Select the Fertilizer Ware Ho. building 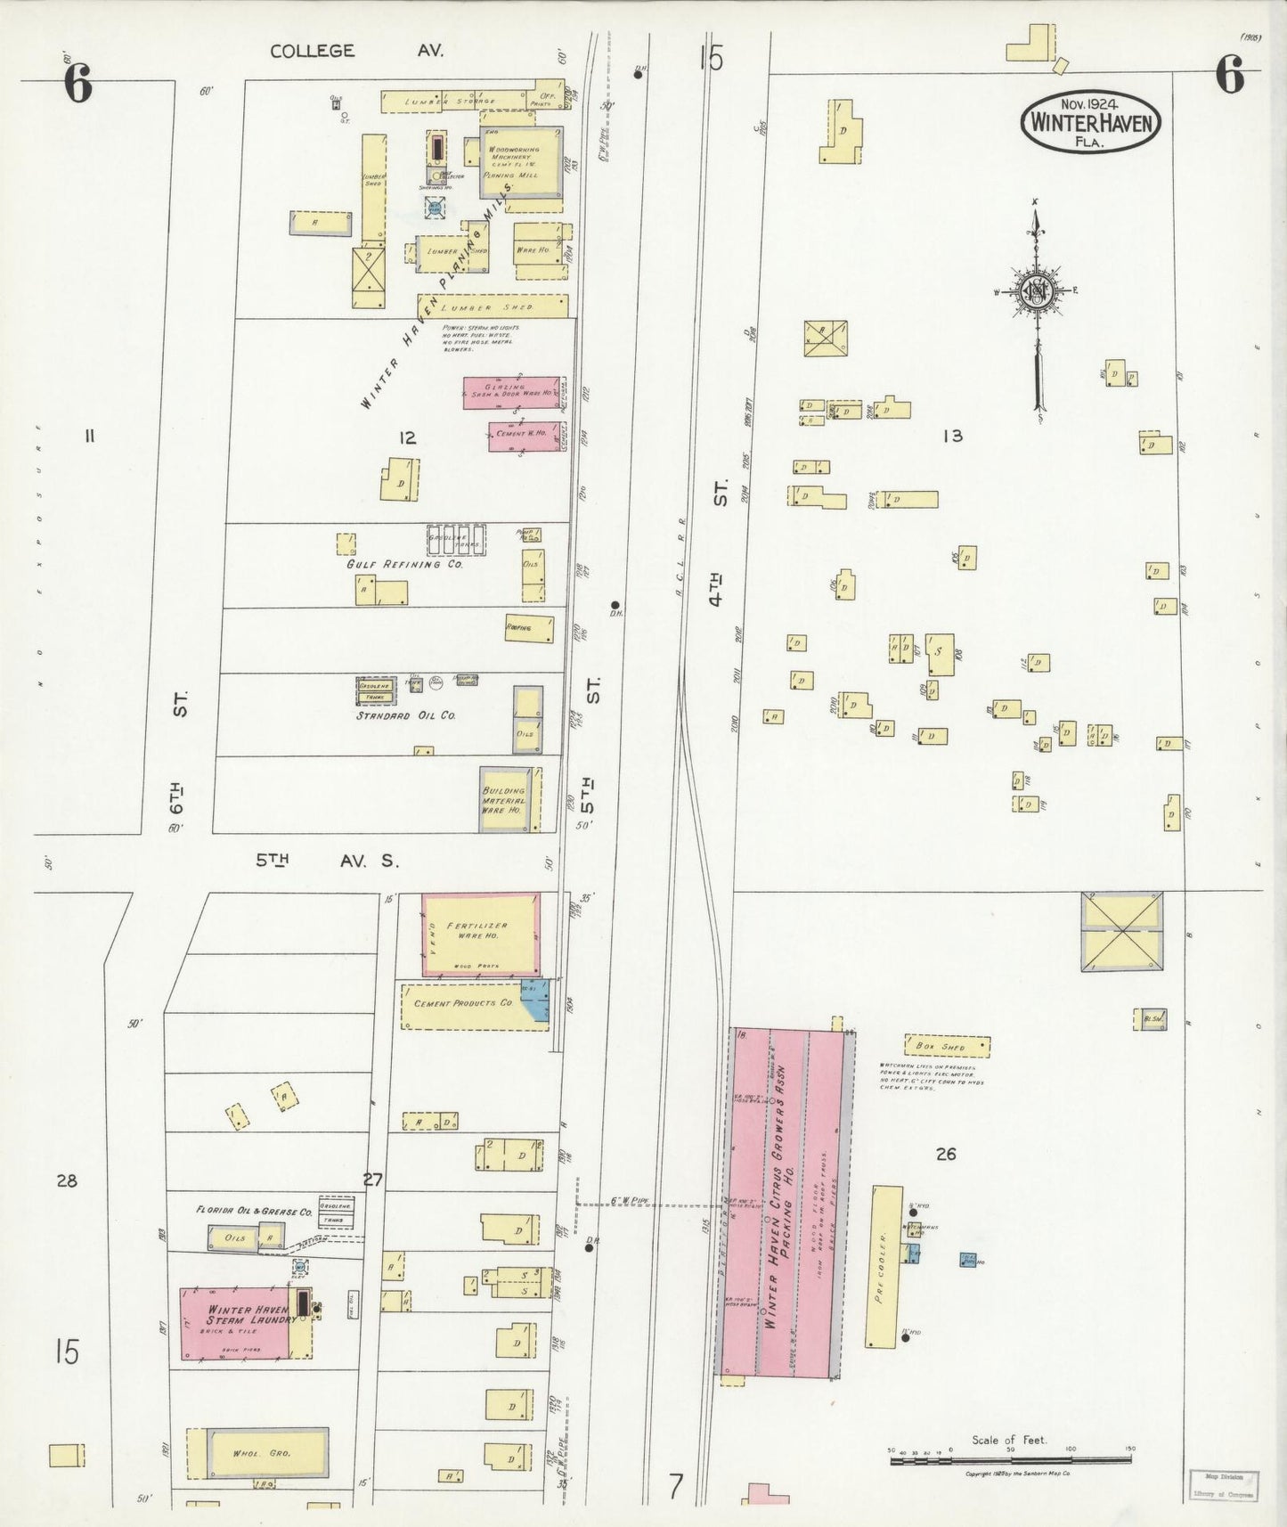[481, 935]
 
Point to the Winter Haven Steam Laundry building [236, 1322]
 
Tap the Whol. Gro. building [257, 1453]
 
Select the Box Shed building [947, 1046]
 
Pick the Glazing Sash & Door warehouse [510, 392]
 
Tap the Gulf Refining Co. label [404, 564]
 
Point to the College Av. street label [356, 51]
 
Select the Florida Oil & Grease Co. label [254, 1211]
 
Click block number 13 [952, 436]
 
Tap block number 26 [945, 1154]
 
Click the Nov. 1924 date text [1091, 105]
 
